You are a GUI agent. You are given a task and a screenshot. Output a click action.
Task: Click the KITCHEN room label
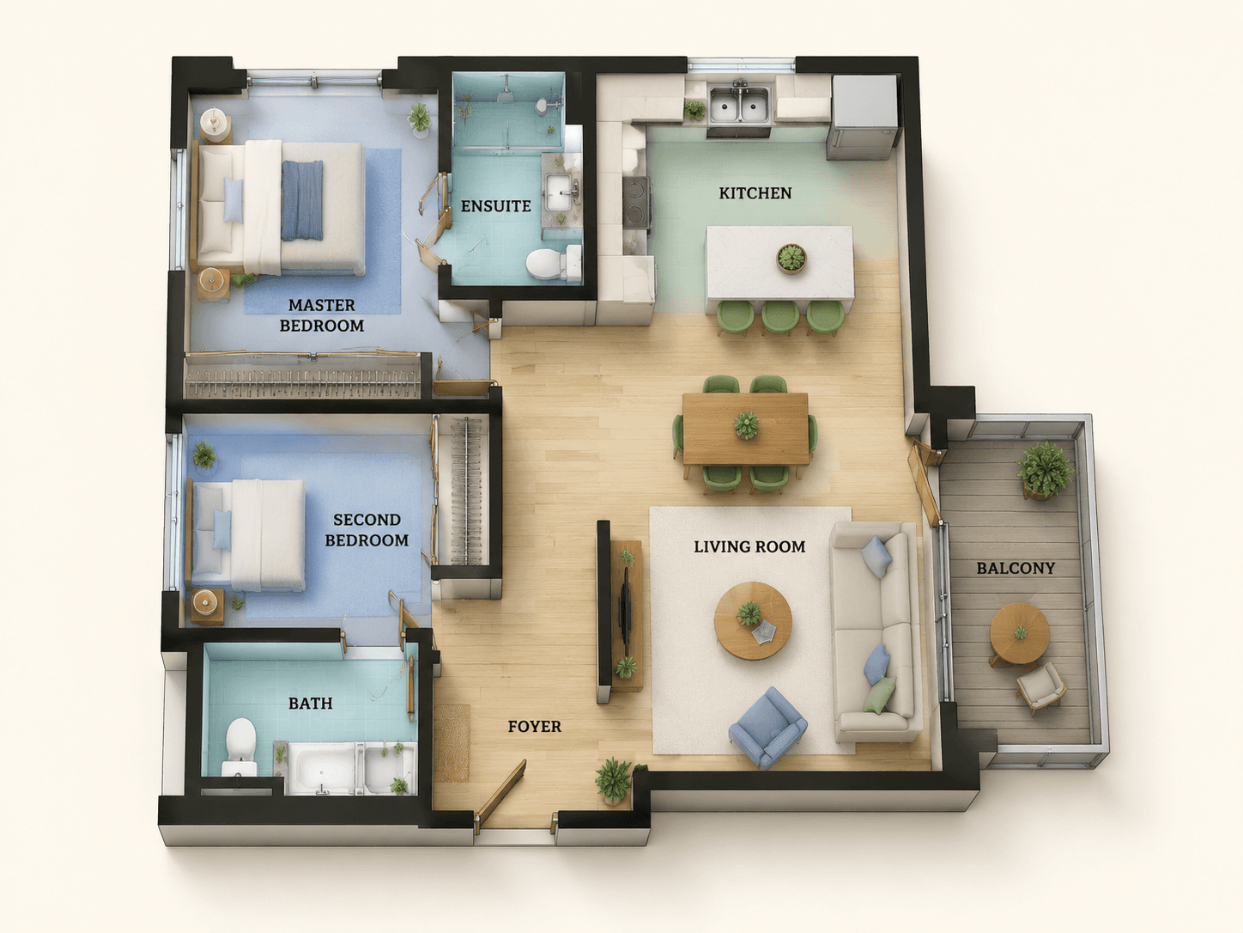755,193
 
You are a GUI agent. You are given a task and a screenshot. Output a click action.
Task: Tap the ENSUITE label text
495,206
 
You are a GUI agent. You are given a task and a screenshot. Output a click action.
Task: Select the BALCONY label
1016,568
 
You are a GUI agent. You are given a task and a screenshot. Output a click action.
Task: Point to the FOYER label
534,726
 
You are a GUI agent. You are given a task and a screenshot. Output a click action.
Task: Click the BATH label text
311,703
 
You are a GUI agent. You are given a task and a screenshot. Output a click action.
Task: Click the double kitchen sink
740,104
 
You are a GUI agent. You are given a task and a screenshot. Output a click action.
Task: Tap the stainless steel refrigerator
863,116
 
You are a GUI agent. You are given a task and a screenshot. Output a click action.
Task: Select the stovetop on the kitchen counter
637,202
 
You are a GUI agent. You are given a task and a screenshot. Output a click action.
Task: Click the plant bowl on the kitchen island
791,259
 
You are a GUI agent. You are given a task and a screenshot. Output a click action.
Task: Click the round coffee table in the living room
753,620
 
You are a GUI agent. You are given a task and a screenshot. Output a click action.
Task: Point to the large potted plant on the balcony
1045,470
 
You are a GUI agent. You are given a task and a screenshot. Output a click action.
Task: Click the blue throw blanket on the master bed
302,200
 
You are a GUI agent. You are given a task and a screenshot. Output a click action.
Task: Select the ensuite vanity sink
560,192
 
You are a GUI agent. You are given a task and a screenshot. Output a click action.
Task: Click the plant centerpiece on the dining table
746,425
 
